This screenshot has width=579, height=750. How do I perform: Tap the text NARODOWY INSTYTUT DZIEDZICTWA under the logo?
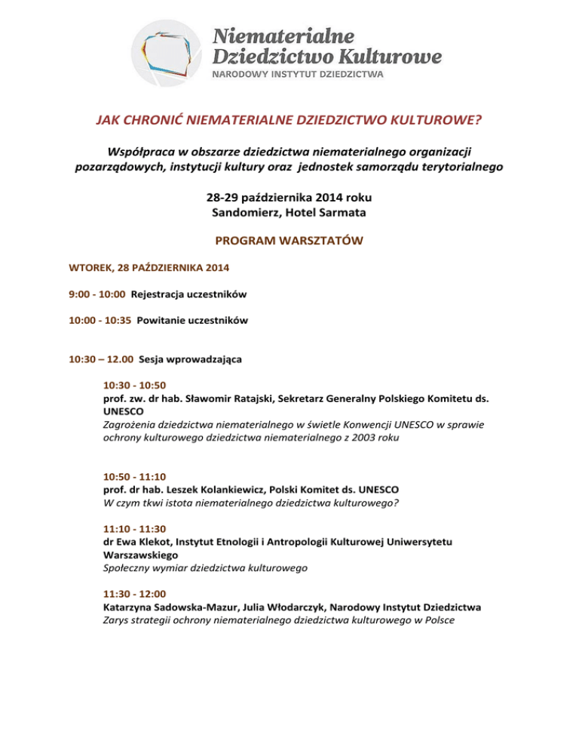pos(299,75)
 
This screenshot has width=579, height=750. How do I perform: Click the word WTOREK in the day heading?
pos(88,268)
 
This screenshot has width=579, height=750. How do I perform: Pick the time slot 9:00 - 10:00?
pos(93,294)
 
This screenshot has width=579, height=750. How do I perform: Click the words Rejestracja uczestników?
pos(184,294)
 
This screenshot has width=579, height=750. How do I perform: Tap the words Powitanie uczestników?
pos(192,320)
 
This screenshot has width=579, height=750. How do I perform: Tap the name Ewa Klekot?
pos(142,540)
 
